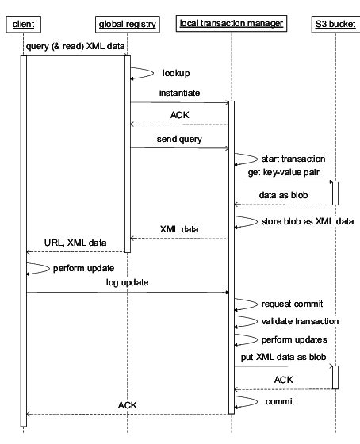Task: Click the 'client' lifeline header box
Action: (x=23, y=24)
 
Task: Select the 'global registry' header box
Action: (x=127, y=24)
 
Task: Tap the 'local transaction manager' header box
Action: (x=232, y=24)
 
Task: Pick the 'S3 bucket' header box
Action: (x=335, y=24)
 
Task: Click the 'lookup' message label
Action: (x=175, y=73)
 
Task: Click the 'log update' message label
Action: (x=128, y=281)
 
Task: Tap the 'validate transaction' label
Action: (x=300, y=321)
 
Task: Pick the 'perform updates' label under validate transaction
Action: (x=293, y=339)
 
